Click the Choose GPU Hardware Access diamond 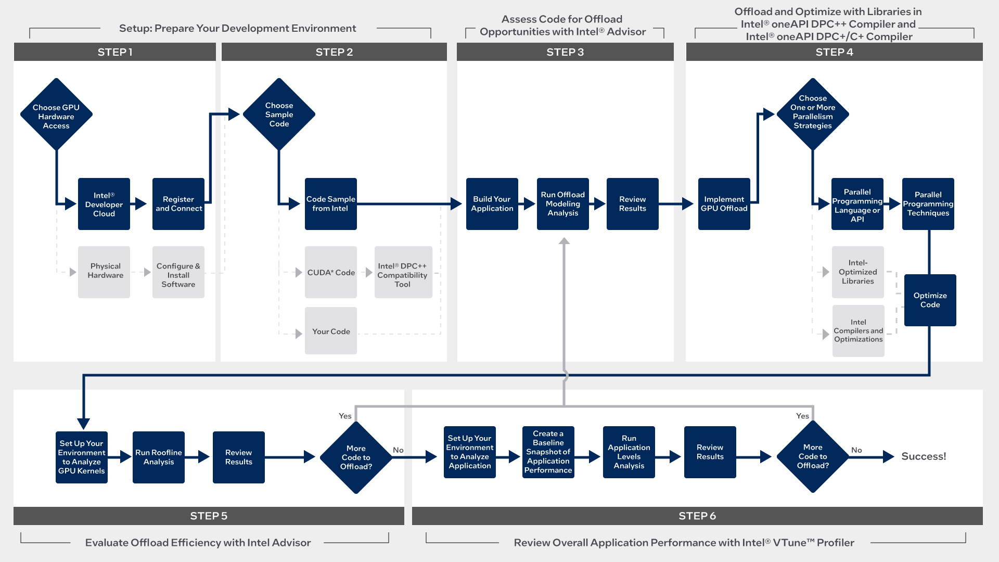(56, 115)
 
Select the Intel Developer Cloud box (104, 204)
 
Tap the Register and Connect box (178, 204)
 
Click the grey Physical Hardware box (104, 272)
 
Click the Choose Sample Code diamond (279, 114)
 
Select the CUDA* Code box (331, 272)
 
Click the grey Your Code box (331, 331)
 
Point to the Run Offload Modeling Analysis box (562, 204)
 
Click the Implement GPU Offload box (724, 204)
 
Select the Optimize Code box (930, 300)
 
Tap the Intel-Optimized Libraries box (857, 272)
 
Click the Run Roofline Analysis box (159, 457)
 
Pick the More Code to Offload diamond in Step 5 (356, 457)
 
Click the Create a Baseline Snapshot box (548, 452)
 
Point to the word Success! (924, 456)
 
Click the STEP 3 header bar (565, 52)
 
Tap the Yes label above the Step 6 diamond (802, 416)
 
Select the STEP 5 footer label (209, 516)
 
